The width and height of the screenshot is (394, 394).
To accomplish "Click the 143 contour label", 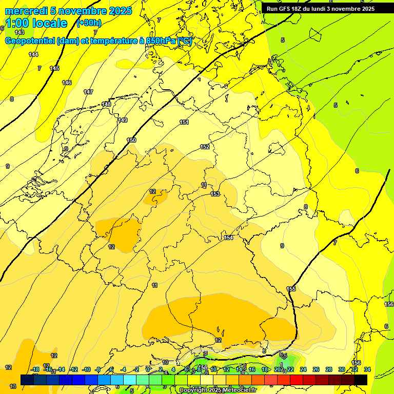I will click(x=19, y=32).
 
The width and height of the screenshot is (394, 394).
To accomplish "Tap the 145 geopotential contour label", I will click(x=54, y=68).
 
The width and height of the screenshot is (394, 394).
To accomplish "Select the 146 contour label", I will click(x=67, y=83).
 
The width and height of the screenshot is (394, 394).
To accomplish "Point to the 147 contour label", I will click(x=88, y=92).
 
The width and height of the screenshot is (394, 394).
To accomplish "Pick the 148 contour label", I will click(x=106, y=104).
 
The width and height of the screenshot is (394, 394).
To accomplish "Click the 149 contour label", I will click(x=123, y=120).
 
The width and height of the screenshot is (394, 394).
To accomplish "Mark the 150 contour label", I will click(x=132, y=140).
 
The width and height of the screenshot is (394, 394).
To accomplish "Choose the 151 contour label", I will click(x=184, y=122).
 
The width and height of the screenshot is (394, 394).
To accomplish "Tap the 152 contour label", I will click(x=205, y=147).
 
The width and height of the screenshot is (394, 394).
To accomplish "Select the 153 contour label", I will click(x=215, y=194).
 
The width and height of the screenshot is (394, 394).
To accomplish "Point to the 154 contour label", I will click(x=228, y=238).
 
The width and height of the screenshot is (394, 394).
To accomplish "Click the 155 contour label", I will click(x=291, y=289).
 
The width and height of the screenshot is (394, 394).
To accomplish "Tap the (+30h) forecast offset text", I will click(x=89, y=23).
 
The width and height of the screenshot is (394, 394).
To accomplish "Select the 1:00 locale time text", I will click(x=36, y=23).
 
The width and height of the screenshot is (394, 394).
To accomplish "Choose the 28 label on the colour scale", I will click(x=328, y=369).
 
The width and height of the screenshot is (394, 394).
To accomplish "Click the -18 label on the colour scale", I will click(x=35, y=369).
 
